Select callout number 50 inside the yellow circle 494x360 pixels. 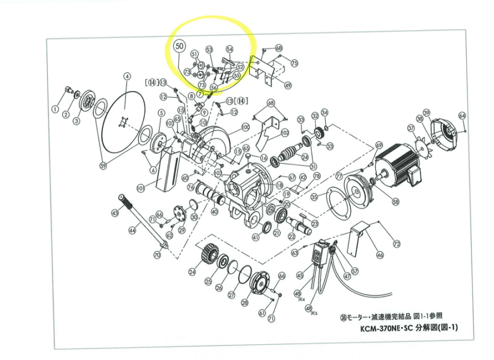pyautogui.click(x=179, y=46)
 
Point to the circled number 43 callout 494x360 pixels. pyautogui.click(x=115, y=213)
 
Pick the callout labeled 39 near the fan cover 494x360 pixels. pyautogui.click(x=426, y=114)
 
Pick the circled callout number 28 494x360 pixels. pyautogui.click(x=244, y=303)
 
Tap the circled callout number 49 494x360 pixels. pyautogui.click(x=288, y=86)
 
